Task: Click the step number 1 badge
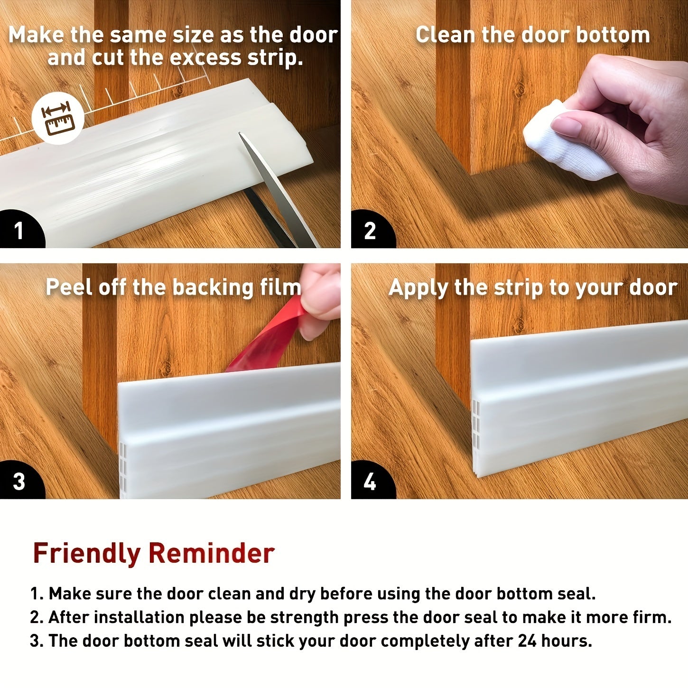19,231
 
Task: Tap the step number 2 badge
370,231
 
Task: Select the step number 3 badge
19,481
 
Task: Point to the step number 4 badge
370,481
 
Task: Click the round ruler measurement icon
58,118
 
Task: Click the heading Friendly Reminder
153,553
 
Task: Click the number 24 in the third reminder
527,641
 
